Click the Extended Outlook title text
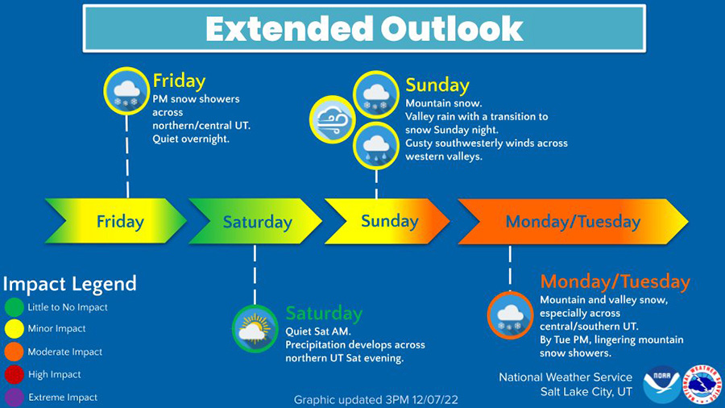[364, 29]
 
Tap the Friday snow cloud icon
[126, 91]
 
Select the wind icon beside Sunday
[332, 119]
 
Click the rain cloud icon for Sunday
[376, 146]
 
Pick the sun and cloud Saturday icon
[255, 329]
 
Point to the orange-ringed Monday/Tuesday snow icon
[510, 315]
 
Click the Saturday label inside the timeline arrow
[258, 222]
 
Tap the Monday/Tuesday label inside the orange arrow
[573, 222]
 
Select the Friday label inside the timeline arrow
[120, 222]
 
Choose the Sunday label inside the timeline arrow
[389, 221]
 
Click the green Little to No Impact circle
[14, 307]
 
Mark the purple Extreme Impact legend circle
[14, 398]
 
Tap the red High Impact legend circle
[14, 374]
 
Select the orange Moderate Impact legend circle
[14, 352]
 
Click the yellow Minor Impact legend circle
[14, 329]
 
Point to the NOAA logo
[661, 384]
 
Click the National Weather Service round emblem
[702, 384]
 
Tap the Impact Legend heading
[70, 284]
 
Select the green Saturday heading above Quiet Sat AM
[324, 313]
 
